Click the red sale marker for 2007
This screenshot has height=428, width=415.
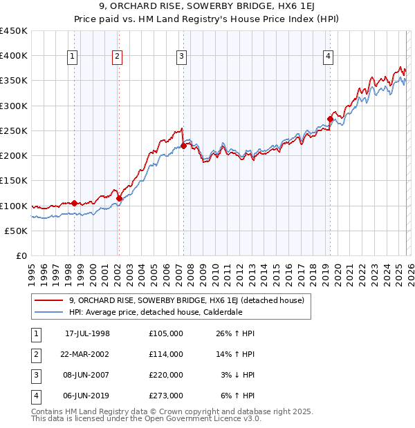pos(183,146)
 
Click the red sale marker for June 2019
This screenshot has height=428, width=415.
pos(330,119)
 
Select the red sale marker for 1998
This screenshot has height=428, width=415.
pos(74,203)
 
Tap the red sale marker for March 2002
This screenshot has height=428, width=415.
pos(119,199)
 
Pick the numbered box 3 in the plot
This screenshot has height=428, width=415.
pos(181,57)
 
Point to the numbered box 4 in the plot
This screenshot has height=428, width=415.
pos(328,57)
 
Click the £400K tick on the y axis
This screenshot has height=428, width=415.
pos(14,56)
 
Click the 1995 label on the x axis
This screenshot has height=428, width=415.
pos(31,271)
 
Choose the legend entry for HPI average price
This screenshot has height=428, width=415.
pos(154,311)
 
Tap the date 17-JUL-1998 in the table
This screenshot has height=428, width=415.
pos(87,333)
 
